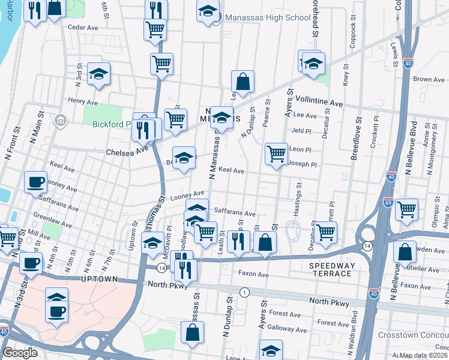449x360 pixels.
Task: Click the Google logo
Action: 20,352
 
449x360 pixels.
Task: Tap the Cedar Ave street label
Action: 83,28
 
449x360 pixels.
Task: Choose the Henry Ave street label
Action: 83,101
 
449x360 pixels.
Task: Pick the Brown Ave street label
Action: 429,79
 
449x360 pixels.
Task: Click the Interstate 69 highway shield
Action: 388,203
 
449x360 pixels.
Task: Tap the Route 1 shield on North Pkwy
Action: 244,292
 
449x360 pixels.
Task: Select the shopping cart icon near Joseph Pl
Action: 276,154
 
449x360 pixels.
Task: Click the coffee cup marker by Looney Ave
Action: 35,181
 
